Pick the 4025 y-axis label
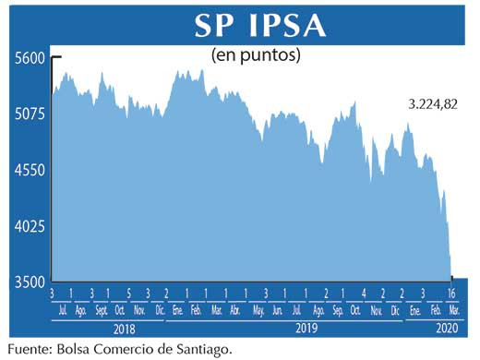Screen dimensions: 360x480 pos(29,225)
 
